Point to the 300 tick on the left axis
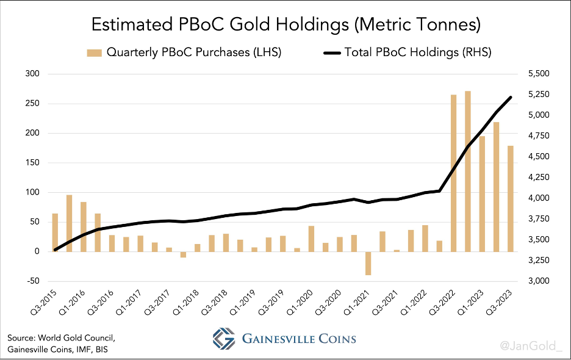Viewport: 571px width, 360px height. click(32, 74)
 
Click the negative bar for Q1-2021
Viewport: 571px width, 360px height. click(368, 263)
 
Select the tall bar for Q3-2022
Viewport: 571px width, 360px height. click(453, 173)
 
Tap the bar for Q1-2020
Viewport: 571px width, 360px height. click(311, 239)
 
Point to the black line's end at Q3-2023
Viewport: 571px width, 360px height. click(511, 98)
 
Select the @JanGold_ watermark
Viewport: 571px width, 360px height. click(531, 346)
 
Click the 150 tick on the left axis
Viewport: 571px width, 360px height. click(32, 162)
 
